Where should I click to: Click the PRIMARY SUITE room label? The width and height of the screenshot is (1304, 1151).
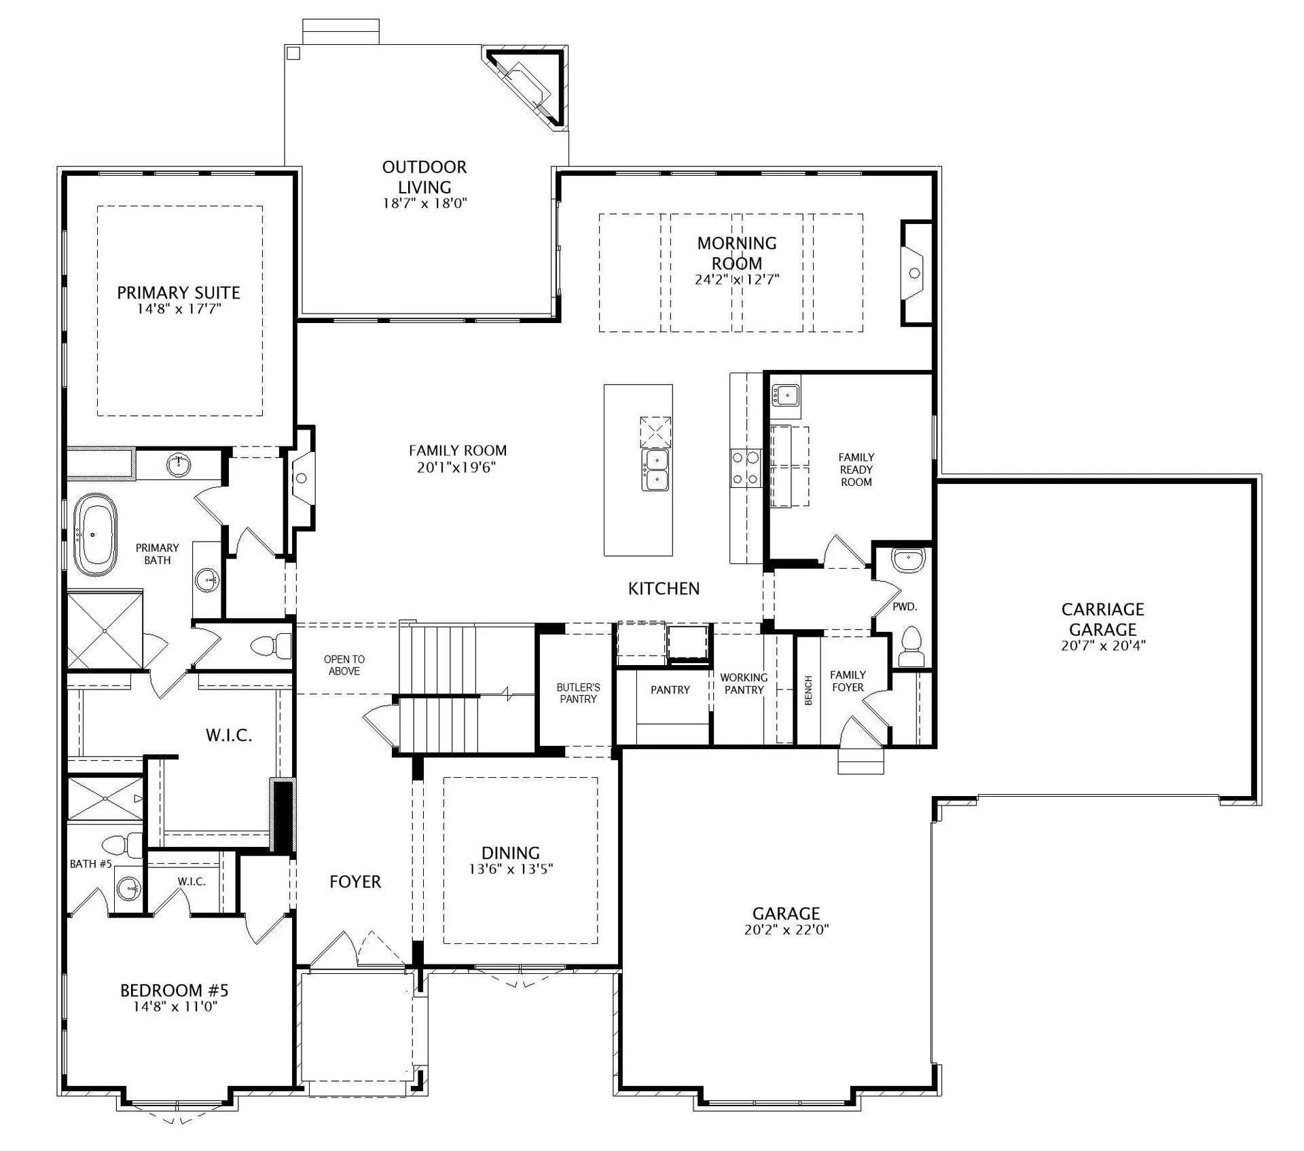pyautogui.click(x=179, y=293)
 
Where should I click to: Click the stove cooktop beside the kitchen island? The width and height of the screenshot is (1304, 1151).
pyautogui.click(x=745, y=468)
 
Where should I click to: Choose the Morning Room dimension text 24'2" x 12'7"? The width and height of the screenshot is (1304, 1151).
pyautogui.click(x=737, y=279)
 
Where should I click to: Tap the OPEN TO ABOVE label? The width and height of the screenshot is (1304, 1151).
pyautogui.click(x=344, y=665)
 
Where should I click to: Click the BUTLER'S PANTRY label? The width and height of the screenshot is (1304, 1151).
pyautogui.click(x=579, y=693)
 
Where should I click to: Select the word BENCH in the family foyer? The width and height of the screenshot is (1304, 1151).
pyautogui.click(x=808, y=690)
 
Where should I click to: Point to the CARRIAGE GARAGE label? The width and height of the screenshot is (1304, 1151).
pyautogui.click(x=1103, y=619)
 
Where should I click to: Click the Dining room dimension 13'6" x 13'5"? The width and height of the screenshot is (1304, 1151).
pyautogui.click(x=511, y=869)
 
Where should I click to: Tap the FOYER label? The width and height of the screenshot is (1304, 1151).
pyautogui.click(x=355, y=882)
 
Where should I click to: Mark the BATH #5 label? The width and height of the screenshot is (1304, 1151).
pyautogui.click(x=90, y=864)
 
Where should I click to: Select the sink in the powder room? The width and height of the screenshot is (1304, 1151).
pyautogui.click(x=908, y=559)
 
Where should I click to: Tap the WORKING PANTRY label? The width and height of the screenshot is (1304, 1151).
pyautogui.click(x=744, y=683)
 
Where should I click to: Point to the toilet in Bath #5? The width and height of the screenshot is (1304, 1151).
pyautogui.click(x=123, y=845)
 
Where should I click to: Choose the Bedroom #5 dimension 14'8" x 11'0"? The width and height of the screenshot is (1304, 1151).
pyautogui.click(x=175, y=1006)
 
